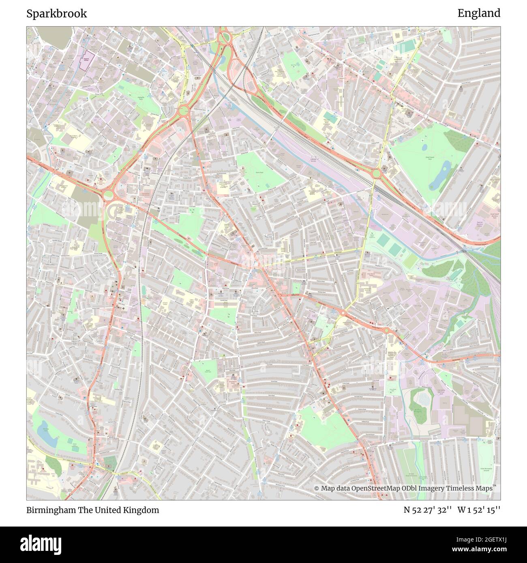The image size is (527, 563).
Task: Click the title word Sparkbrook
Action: (x=57, y=13)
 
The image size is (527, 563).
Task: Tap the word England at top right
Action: (x=479, y=13)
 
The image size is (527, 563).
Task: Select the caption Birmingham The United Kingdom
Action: (x=93, y=510)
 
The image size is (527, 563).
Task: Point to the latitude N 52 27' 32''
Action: (x=428, y=510)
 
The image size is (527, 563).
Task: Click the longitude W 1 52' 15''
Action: (x=479, y=510)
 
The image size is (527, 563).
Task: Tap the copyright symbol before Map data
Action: (x=317, y=488)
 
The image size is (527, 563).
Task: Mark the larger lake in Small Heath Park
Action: (x=441, y=177)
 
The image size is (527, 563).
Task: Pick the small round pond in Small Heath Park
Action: (x=424, y=148)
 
